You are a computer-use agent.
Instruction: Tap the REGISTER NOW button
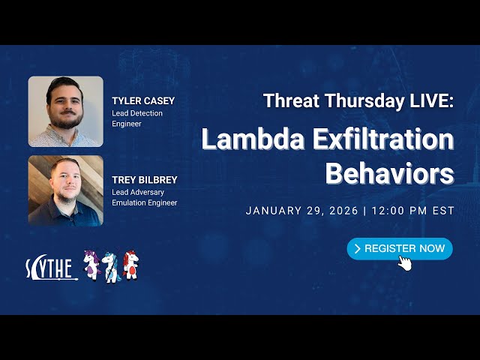pyautogui.click(x=400, y=248)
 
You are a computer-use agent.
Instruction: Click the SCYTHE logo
pyautogui.click(x=51, y=268)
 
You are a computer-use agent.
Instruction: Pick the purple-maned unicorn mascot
pyautogui.click(x=92, y=265)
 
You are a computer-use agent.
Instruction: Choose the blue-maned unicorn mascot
pyautogui.click(x=112, y=266)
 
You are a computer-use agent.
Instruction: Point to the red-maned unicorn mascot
pyautogui.click(x=130, y=265)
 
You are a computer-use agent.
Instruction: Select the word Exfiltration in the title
pyautogui.click(x=379, y=139)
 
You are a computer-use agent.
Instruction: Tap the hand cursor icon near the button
pyautogui.click(x=405, y=262)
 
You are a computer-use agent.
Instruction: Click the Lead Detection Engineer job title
pyautogui.click(x=137, y=118)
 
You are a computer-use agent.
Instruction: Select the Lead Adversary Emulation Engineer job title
pyautogui.click(x=145, y=197)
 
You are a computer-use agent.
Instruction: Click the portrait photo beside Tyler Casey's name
pyautogui.click(x=66, y=111)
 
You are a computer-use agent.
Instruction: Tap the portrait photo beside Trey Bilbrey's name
pyautogui.click(x=66, y=190)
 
